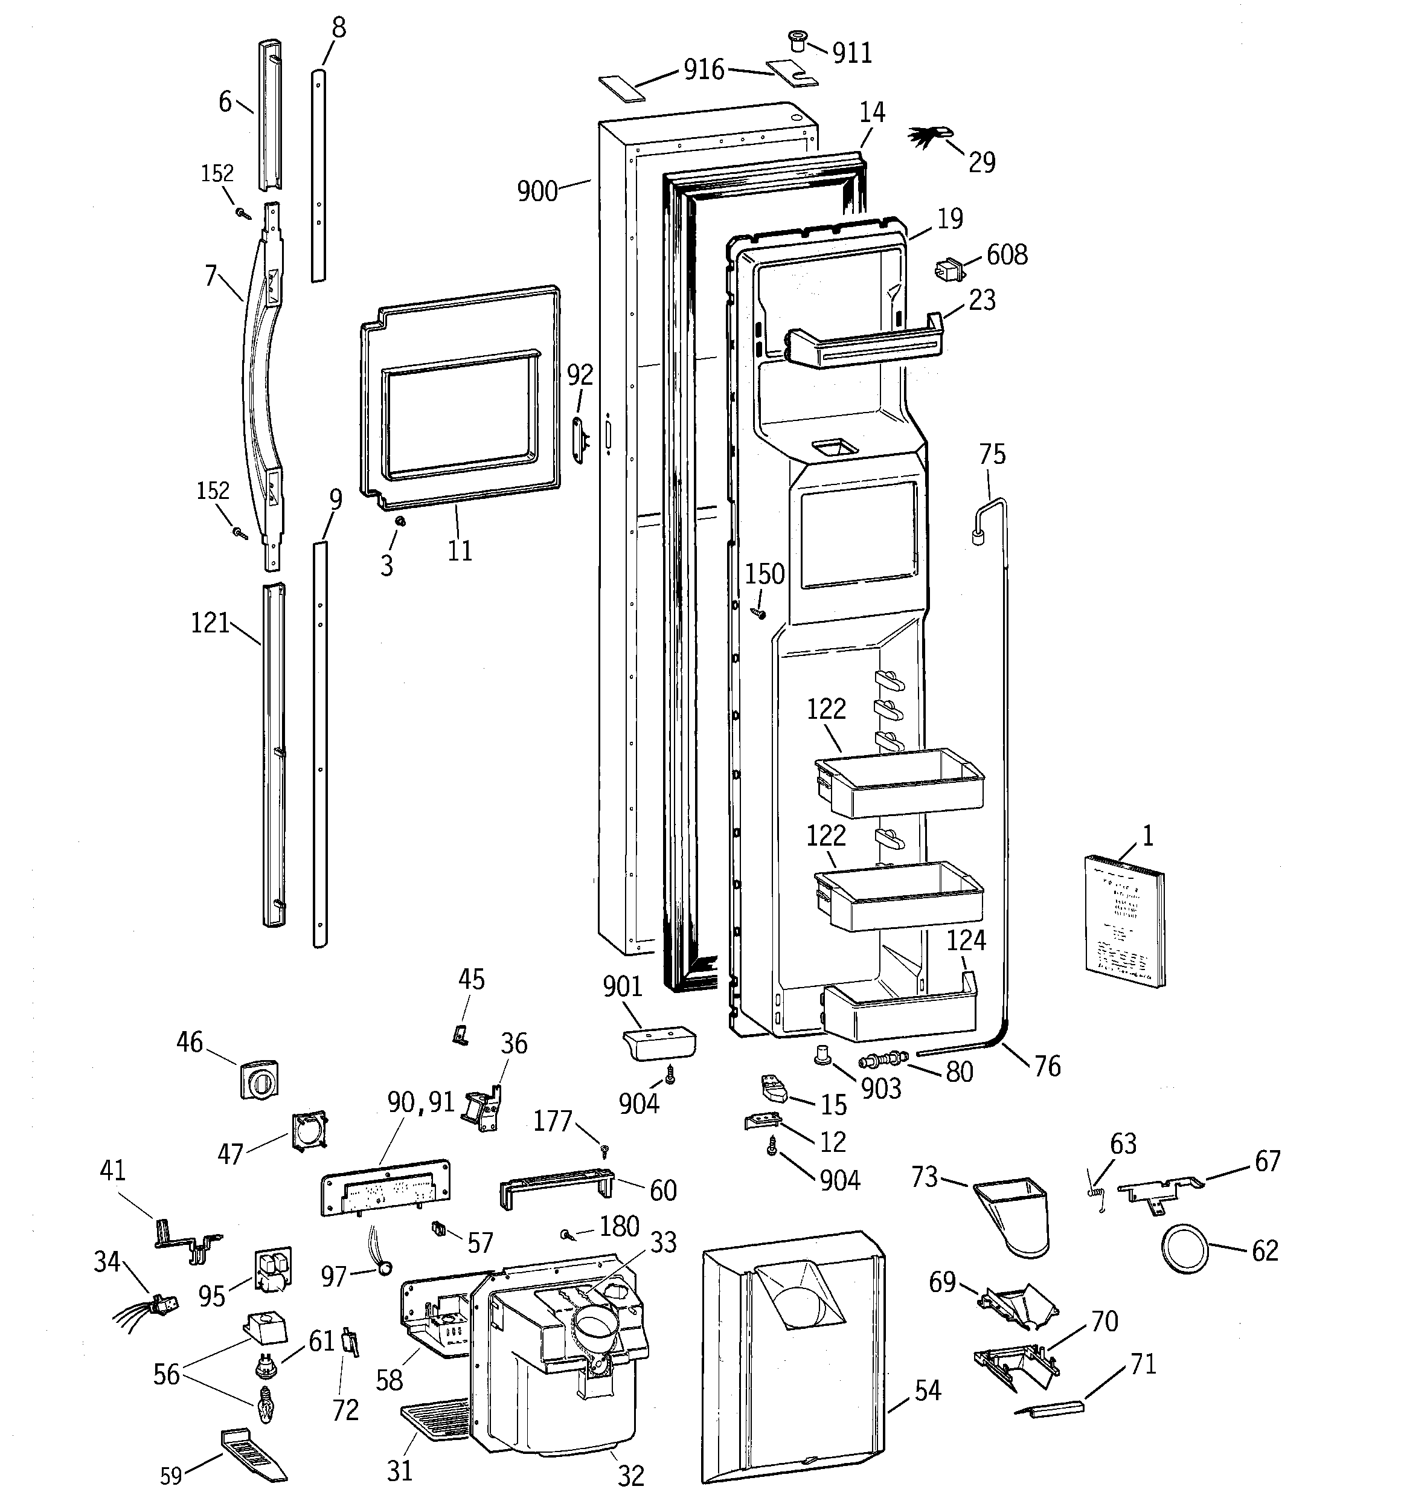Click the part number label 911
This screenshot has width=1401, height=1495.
coord(852,53)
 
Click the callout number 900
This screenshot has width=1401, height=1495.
coord(537,191)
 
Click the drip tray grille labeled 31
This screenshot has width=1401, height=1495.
coord(435,1420)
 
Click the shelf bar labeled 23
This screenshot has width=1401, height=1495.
coord(865,346)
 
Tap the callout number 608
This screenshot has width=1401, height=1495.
coord(1006,255)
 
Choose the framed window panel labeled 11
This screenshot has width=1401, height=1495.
coord(460,395)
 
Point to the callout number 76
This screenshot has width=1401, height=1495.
coord(1047,1066)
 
